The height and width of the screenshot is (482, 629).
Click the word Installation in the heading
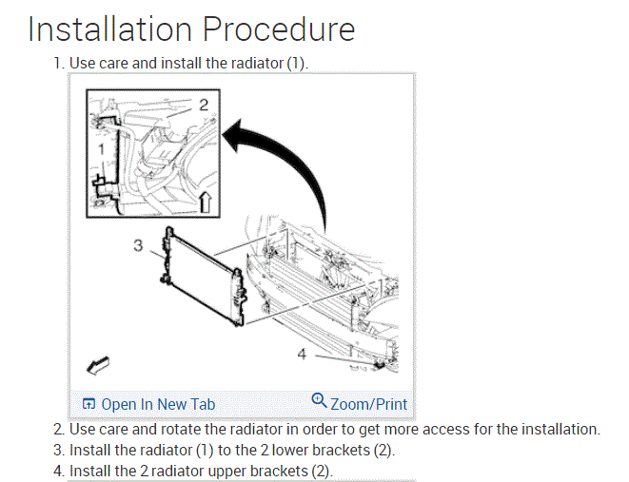[x=108, y=29]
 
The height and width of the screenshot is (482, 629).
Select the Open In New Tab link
[x=157, y=404]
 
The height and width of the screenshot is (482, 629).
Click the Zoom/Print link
[x=368, y=404]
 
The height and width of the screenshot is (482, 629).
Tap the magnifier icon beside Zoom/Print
[x=319, y=401]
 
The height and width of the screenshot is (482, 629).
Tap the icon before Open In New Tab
[x=89, y=404]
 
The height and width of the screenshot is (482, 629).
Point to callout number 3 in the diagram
[x=138, y=245]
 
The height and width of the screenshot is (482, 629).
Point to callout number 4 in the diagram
[x=302, y=354]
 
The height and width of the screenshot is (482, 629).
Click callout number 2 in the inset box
[x=203, y=104]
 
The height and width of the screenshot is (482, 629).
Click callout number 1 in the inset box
[x=102, y=148]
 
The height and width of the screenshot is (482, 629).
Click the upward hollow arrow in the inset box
[x=205, y=200]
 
